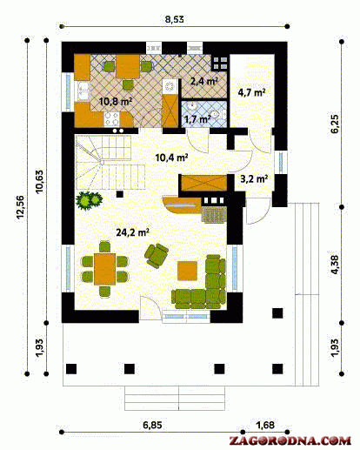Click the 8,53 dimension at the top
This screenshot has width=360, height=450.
(x=174, y=19)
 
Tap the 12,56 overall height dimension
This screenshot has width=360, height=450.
(x=20, y=207)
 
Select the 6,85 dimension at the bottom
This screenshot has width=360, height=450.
(x=152, y=426)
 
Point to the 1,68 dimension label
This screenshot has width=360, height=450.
(x=265, y=425)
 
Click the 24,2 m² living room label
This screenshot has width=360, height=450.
(x=133, y=232)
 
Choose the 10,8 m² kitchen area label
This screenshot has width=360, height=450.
(x=116, y=102)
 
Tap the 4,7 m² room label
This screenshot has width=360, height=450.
(x=251, y=92)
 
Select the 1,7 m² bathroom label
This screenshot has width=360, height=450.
(x=197, y=119)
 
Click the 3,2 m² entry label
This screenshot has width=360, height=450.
(x=254, y=178)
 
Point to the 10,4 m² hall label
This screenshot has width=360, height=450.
(x=172, y=158)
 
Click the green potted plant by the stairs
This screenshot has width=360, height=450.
(x=89, y=200)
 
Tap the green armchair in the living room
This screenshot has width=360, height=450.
(x=157, y=255)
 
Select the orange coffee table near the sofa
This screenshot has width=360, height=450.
(x=187, y=271)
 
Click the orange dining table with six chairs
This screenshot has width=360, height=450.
(x=104, y=269)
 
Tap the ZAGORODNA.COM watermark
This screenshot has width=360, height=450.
(x=290, y=440)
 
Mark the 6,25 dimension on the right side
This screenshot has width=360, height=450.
(x=334, y=124)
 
